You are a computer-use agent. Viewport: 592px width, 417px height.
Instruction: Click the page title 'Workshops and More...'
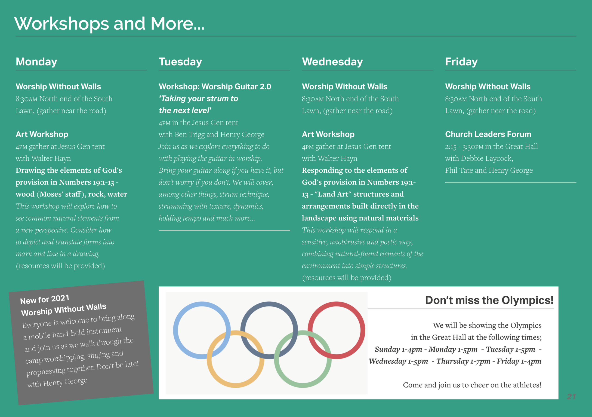109,24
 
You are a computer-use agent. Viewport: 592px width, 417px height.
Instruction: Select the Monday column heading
36,62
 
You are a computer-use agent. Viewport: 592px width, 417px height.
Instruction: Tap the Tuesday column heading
180,62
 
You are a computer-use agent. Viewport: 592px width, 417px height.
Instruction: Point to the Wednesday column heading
332,62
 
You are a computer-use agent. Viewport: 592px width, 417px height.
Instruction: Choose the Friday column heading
461,62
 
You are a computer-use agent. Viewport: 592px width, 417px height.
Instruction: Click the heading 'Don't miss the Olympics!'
489,300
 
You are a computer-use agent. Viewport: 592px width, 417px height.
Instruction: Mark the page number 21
571,397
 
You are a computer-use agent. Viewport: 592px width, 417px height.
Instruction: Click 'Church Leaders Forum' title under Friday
488,134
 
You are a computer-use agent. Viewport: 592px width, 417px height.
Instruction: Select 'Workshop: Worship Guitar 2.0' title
215,87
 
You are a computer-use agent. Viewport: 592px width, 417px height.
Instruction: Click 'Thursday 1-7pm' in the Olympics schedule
463,361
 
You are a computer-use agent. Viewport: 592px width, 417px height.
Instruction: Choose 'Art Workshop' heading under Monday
42,134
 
